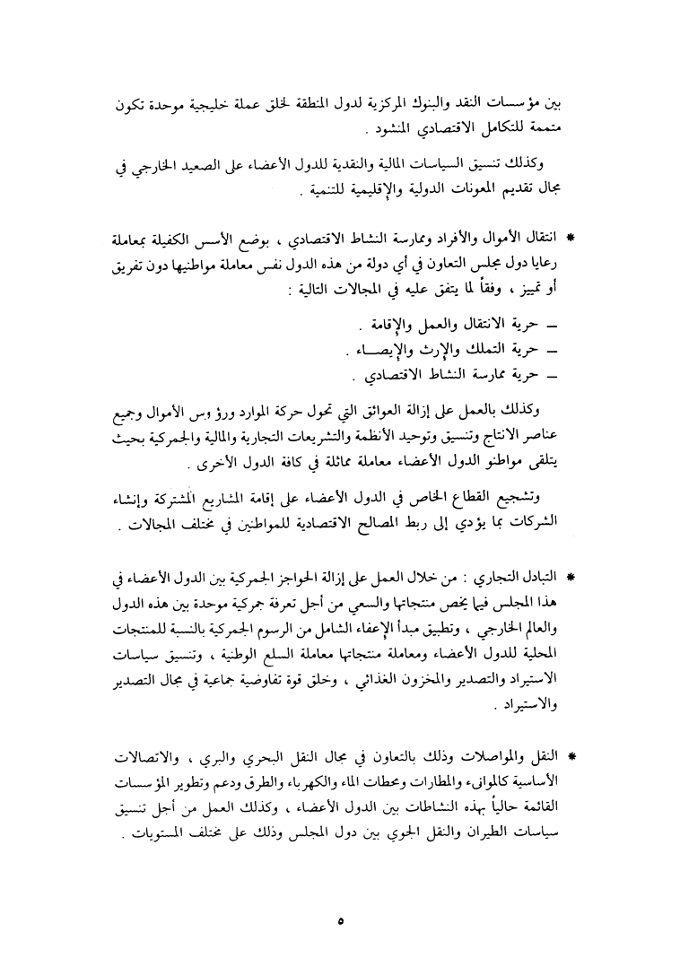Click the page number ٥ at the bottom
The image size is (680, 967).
pos(339,919)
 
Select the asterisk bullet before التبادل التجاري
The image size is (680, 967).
pos(569,572)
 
